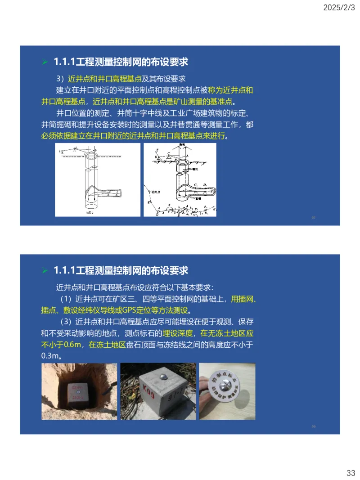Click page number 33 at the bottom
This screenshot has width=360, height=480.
(351, 473)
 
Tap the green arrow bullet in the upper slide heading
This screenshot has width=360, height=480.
(45, 62)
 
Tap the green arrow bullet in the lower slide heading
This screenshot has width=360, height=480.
(45, 271)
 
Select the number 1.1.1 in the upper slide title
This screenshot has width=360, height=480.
(64, 62)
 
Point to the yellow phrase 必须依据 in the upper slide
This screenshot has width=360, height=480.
(55, 135)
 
